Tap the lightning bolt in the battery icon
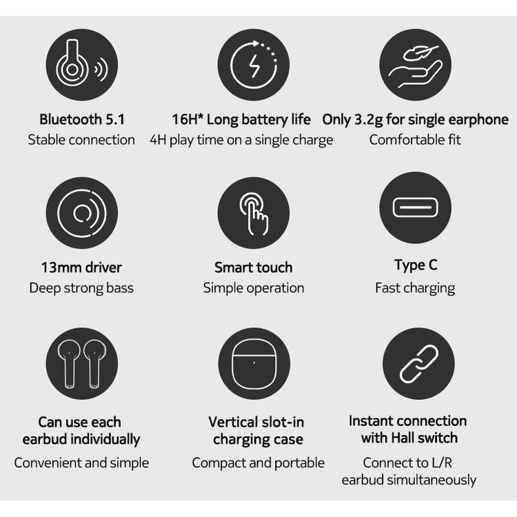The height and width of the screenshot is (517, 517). click(254, 66)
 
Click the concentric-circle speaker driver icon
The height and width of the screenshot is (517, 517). click(82, 213)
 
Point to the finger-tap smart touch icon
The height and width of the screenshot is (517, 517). click(254, 214)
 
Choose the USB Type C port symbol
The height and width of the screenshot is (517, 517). click(416, 207)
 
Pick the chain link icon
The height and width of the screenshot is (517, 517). click(418, 364)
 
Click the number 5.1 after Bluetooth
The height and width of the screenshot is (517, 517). click(114, 119)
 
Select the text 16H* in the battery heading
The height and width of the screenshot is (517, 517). click(187, 119)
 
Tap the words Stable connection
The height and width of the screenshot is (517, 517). click(81, 140)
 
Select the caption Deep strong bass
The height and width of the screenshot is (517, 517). click(81, 288)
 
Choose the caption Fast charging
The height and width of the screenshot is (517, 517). click(415, 288)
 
